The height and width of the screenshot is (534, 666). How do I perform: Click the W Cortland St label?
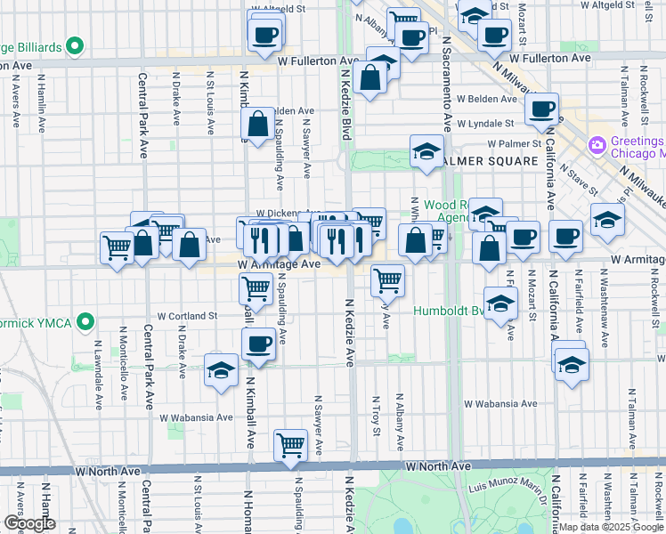(188, 315)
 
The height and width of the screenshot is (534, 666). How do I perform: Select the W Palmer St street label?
(514, 143)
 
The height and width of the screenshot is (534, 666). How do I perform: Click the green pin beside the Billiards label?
(76, 45)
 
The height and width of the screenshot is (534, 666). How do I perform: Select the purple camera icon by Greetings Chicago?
(597, 144)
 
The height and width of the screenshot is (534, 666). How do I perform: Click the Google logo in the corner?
(29, 522)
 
